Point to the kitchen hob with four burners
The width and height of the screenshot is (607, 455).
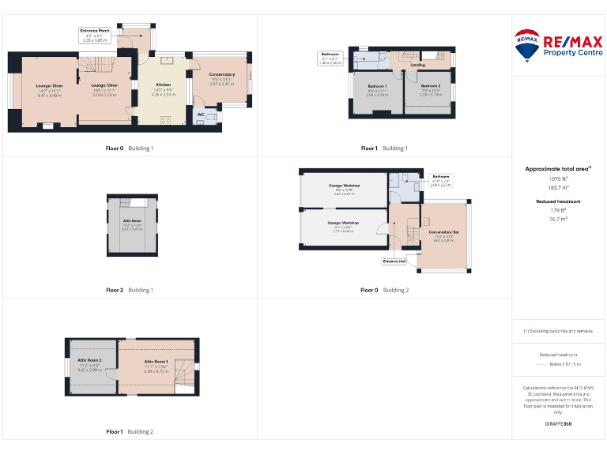(x=166, y=120)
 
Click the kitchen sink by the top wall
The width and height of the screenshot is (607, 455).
(x=168, y=58)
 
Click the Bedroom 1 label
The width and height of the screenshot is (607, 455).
(x=376, y=88)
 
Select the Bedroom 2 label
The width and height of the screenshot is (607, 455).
(x=430, y=88)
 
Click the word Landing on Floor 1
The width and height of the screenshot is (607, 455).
(x=417, y=66)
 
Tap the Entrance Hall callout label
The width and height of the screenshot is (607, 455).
(x=394, y=261)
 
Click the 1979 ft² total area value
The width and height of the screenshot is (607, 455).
(x=558, y=179)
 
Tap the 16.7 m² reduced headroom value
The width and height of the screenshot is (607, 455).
(x=558, y=219)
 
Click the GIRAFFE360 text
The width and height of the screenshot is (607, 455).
(x=558, y=424)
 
